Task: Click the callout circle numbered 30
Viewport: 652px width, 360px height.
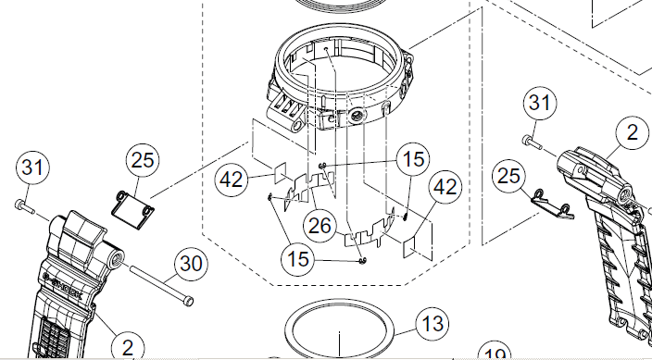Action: [191, 264]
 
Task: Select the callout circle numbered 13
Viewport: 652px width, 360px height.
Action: [433, 324]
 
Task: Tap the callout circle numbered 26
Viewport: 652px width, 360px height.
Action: [320, 226]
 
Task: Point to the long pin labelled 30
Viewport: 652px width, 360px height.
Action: [161, 285]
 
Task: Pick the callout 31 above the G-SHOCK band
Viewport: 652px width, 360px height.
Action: [32, 168]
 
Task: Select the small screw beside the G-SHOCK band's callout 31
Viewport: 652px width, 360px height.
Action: [25, 206]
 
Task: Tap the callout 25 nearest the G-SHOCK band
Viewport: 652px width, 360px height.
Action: [143, 160]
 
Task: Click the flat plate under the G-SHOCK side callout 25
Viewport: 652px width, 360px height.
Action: [132, 210]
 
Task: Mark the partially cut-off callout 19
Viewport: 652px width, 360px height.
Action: [495, 353]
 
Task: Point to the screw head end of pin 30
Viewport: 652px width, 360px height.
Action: [188, 301]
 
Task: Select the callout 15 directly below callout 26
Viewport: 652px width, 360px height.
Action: [297, 260]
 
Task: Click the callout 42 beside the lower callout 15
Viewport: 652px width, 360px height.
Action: [445, 188]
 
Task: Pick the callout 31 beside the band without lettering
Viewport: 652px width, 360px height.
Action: [540, 103]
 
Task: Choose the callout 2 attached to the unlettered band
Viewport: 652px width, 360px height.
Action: [632, 132]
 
